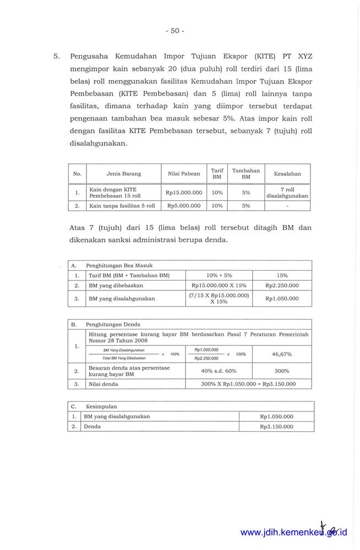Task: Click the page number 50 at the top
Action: tap(174, 31)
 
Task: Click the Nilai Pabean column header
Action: tap(184, 174)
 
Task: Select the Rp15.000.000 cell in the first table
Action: tap(184, 193)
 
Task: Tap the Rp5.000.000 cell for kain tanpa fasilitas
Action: tap(184, 206)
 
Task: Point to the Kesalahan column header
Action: tap(287, 174)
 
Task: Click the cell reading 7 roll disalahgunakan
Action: tap(287, 193)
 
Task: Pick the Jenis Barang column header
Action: tap(124, 174)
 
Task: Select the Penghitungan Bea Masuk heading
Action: tap(115, 265)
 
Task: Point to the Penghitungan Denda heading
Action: tap(113, 324)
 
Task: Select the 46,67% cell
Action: tap(282, 354)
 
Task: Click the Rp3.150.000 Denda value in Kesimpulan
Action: tap(276, 426)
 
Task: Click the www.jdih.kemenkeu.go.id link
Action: tap(293, 532)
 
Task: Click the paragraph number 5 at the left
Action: tap(56, 57)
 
